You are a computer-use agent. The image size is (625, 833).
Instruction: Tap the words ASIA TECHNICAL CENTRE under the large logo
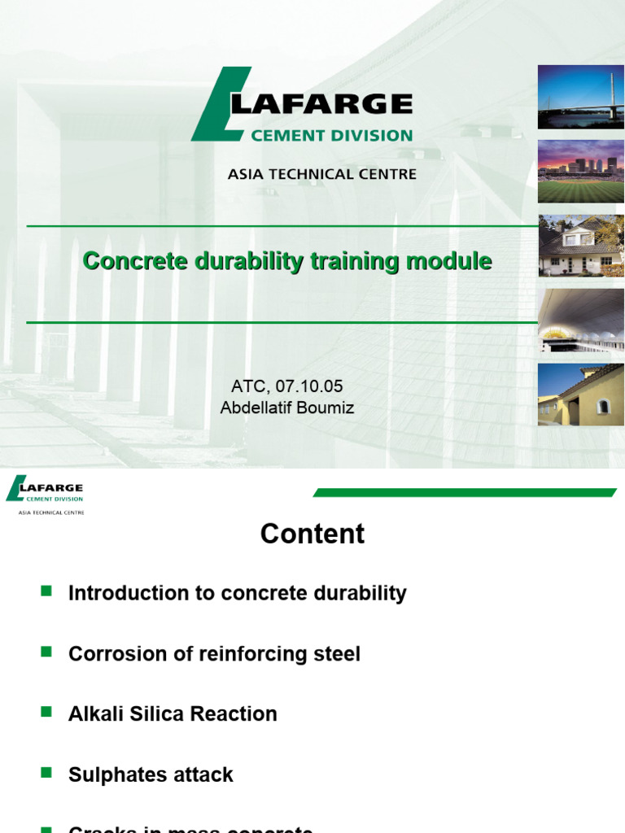[322, 174]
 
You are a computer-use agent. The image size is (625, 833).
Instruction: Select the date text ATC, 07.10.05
[287, 386]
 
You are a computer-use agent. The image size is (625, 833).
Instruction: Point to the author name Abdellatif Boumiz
[287, 408]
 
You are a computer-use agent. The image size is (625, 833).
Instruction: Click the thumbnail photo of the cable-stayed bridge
[580, 97]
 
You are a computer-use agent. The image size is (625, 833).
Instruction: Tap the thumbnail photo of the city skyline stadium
[580, 172]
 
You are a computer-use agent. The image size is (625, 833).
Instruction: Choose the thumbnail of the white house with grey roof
[580, 246]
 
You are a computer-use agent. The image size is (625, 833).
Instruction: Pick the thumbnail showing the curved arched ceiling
[580, 320]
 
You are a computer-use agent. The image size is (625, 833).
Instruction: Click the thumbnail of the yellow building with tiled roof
[580, 395]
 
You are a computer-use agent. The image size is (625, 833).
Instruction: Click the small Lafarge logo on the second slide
[46, 493]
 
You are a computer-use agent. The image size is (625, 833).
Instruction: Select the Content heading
[312, 534]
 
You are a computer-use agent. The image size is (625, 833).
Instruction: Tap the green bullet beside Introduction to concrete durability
[46, 591]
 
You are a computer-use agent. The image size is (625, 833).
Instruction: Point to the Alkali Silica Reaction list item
[173, 714]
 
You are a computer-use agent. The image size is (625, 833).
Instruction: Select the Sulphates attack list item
[151, 774]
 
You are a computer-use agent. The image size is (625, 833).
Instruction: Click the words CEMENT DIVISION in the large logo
[332, 136]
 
